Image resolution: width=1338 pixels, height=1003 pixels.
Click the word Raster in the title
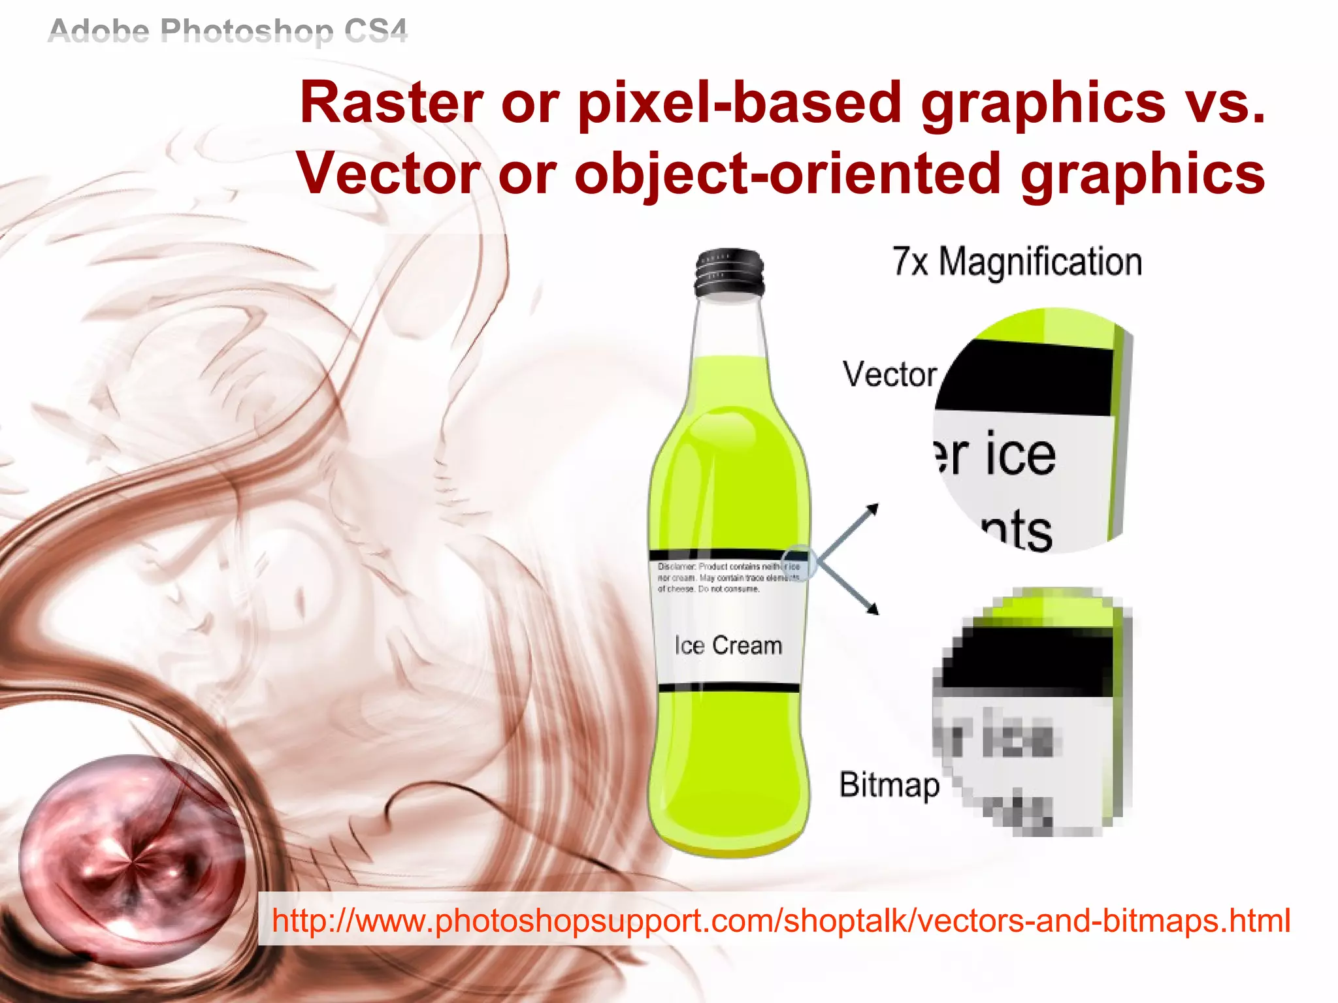[391, 103]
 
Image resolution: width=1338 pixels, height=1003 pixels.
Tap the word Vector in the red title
[389, 174]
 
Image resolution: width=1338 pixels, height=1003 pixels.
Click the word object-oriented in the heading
[788, 174]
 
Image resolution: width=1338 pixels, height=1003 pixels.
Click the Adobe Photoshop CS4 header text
[227, 31]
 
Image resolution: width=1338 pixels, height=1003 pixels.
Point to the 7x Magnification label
[1017, 262]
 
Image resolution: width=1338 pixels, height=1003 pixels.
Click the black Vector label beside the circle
[889, 374]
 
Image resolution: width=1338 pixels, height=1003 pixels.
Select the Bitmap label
[889, 784]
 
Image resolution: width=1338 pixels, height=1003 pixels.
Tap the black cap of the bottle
[729, 272]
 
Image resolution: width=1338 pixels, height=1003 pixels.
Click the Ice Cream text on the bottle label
[728, 645]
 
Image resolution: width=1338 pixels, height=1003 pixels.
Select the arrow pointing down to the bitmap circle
[849, 588]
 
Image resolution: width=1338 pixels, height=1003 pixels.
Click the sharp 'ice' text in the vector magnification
[1020, 454]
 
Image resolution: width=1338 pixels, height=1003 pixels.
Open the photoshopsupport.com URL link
[781, 920]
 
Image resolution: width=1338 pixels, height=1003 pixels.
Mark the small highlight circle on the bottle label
[800, 562]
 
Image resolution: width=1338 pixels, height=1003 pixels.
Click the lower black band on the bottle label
[728, 688]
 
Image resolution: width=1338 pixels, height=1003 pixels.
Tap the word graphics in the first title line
[1043, 103]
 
